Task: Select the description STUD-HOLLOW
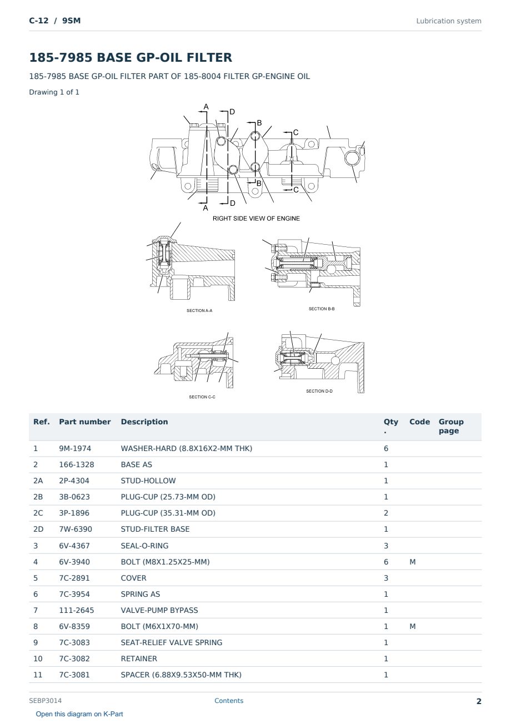point(148,481)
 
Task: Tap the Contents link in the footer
point(229,701)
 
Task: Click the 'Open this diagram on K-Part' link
point(79,714)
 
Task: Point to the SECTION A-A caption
point(199,310)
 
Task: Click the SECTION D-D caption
point(319,391)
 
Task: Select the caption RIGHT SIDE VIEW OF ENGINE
point(256,219)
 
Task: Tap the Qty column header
point(390,426)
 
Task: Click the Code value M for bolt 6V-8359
point(412,626)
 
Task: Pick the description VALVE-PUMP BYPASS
point(159,610)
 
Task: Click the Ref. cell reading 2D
point(38,529)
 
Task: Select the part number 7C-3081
point(74,675)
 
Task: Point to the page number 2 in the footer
point(479,701)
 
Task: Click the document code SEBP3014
point(45,701)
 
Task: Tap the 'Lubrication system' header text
point(449,21)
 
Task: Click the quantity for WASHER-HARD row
point(386,448)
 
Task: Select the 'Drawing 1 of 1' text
point(54,92)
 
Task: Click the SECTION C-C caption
point(202,397)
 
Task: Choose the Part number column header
point(85,422)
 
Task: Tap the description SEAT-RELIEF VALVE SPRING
point(172,642)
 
